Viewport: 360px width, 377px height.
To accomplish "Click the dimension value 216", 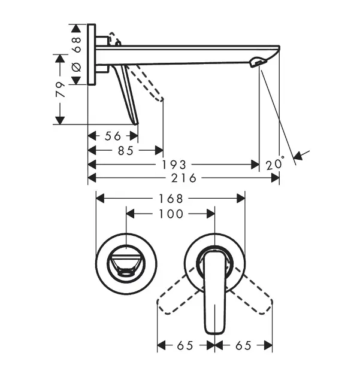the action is click(184, 178).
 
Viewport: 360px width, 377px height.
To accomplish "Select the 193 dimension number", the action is click(174, 165).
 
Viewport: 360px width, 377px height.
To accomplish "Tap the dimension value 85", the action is click(126, 151).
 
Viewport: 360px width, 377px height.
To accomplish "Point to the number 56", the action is click(113, 136).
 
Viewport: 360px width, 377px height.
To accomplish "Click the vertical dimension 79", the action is click(60, 90).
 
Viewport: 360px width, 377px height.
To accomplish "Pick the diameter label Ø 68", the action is click(77, 54).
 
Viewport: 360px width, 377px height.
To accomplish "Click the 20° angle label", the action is click(275, 164).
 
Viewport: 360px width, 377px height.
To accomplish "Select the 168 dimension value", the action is click(171, 199).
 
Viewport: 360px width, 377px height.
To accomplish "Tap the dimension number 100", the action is click(171, 214).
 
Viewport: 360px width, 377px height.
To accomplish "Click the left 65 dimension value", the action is click(185, 346).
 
